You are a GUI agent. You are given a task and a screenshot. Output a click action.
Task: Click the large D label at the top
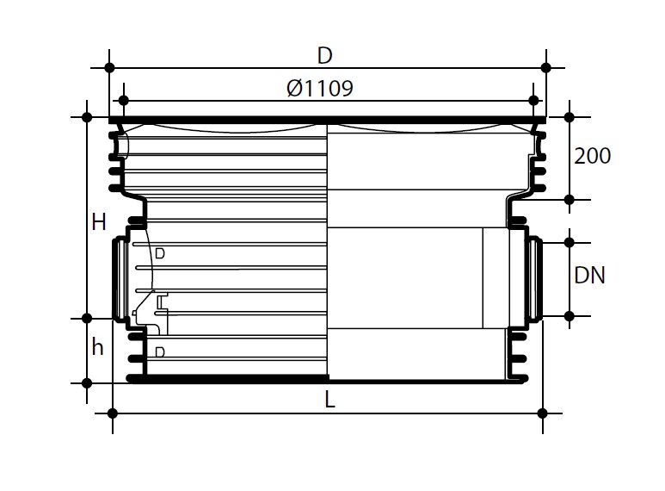[x=325, y=56]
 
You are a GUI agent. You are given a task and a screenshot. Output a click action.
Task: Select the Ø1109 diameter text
[x=320, y=89]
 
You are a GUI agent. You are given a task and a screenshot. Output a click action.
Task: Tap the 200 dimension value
[x=592, y=156]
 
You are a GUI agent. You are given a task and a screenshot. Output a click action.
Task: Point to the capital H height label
[x=99, y=222]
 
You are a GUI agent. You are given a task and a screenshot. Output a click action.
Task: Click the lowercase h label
[x=97, y=347]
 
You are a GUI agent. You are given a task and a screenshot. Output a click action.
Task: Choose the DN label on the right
[x=589, y=276]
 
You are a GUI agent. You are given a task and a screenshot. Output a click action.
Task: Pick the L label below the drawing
[x=330, y=399]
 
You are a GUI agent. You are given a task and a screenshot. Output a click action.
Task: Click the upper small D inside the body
[x=160, y=253]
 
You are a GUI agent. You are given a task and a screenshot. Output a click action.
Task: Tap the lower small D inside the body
[x=160, y=352]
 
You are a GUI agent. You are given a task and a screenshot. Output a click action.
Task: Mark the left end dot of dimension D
[x=109, y=67]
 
